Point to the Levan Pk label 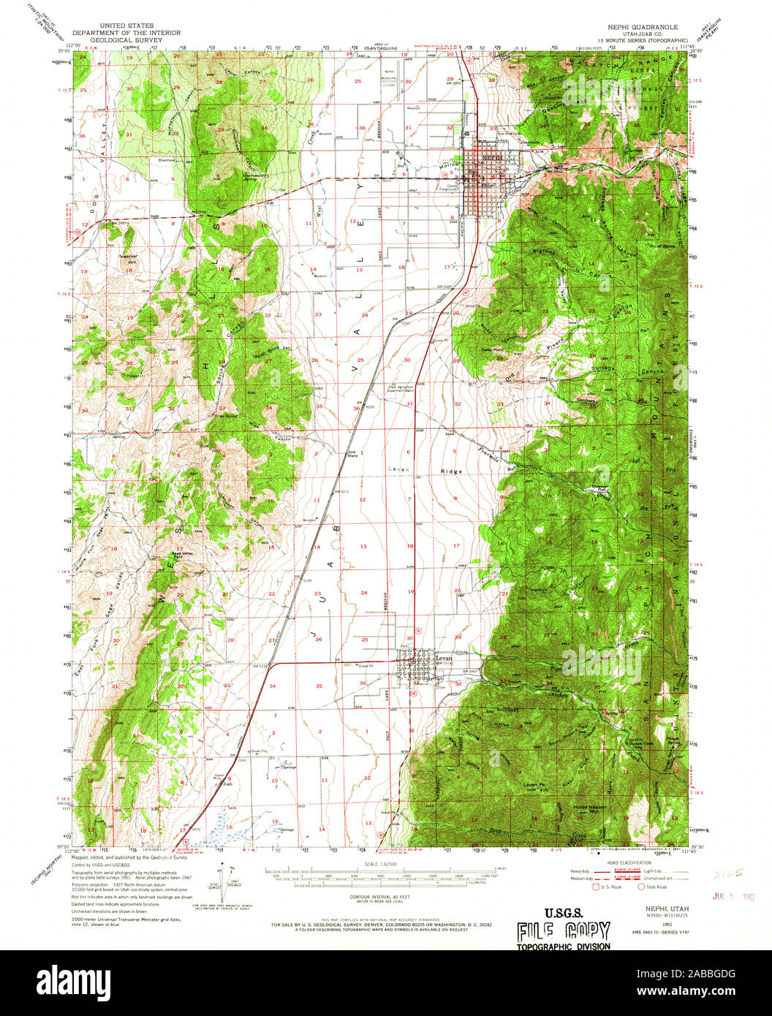pyautogui.click(x=531, y=785)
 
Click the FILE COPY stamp pyautogui.click(x=563, y=930)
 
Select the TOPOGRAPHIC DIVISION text pyautogui.click(x=563, y=946)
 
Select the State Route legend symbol pyautogui.click(x=642, y=887)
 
